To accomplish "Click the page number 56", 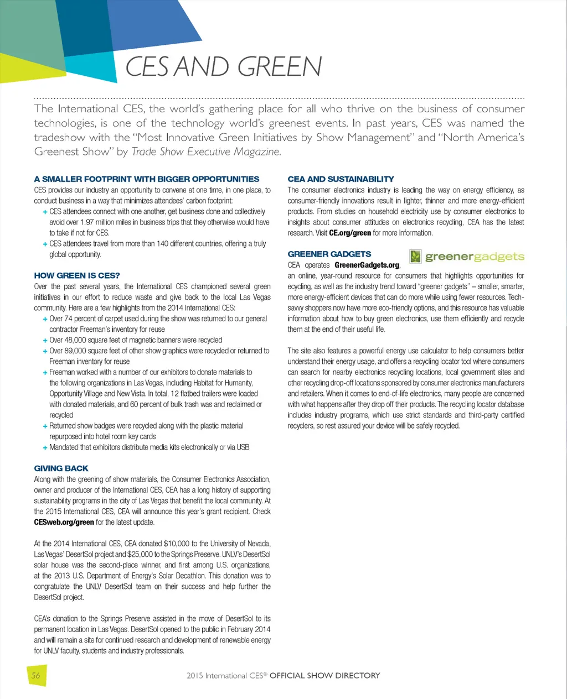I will click(x=36, y=675).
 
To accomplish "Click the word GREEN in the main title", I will click(x=281, y=67).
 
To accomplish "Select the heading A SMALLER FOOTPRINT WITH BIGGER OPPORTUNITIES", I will click(x=146, y=179).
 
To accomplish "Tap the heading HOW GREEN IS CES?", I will click(x=77, y=275).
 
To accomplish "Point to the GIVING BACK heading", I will click(x=61, y=468).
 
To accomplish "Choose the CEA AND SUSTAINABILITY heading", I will click(x=341, y=179).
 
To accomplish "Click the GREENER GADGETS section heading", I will click(x=329, y=254).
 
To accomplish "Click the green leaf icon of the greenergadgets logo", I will click(x=415, y=257).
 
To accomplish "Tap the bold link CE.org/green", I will click(x=350, y=233).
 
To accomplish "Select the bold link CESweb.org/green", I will click(x=64, y=522).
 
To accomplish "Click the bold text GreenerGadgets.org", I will click(x=367, y=265).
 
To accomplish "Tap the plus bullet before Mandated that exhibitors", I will click(x=44, y=447).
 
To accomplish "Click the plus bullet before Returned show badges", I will click(x=44, y=426).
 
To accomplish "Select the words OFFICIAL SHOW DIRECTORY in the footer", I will click(x=324, y=675).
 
